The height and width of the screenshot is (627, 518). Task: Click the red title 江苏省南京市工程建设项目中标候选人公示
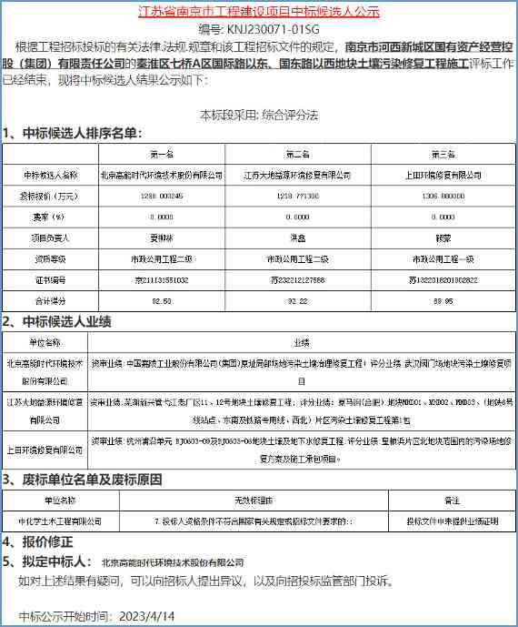259,12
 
